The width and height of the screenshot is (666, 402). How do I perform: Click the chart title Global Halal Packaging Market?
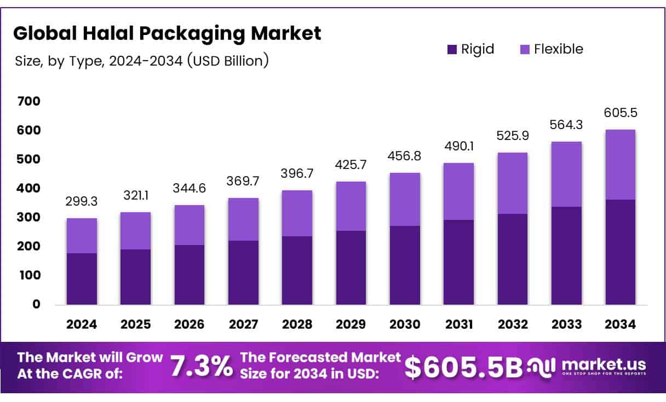click(167, 34)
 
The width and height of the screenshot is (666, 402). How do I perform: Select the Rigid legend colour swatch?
click(452, 49)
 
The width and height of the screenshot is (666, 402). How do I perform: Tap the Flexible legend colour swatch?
click(524, 49)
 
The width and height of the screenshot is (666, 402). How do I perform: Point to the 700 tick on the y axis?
click(28, 101)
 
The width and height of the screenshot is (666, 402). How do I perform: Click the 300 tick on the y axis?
click(28, 218)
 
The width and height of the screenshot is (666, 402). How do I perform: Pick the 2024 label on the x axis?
click(82, 324)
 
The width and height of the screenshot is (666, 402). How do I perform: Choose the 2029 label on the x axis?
click(351, 324)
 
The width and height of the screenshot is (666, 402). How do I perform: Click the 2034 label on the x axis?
click(621, 324)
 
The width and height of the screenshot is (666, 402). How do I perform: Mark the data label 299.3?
click(82, 201)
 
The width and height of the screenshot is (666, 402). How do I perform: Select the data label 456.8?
click(405, 156)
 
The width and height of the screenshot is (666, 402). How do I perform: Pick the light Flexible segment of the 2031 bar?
click(458, 191)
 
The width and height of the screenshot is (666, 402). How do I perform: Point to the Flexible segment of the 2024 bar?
click(82, 236)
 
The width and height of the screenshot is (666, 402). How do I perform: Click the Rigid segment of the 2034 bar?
click(621, 252)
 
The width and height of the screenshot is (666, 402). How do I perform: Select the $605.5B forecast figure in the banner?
click(463, 367)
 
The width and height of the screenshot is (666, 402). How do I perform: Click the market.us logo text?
click(604, 364)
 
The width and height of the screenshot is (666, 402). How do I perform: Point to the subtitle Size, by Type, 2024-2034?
click(142, 61)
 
